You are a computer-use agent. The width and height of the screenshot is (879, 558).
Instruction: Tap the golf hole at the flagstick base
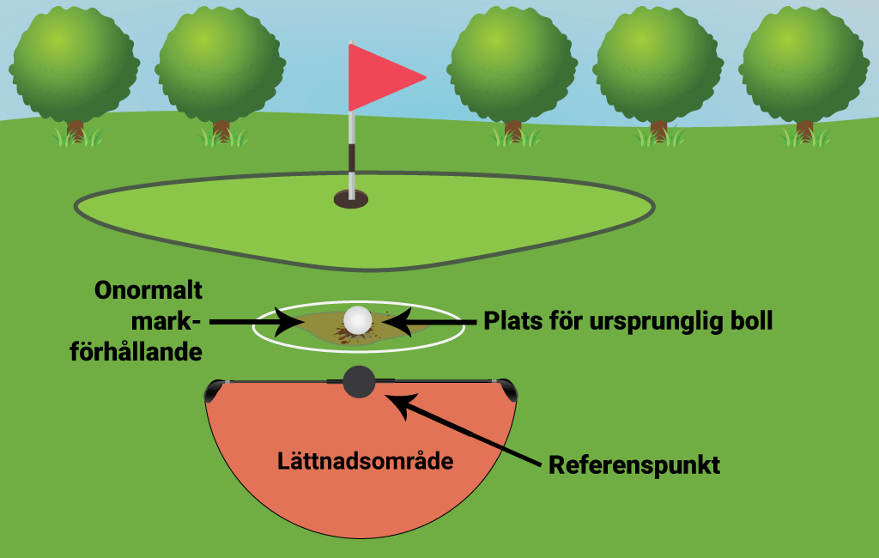pyautogui.click(x=350, y=200)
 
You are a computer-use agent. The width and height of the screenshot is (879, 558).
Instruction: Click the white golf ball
pyautogui.click(x=358, y=320)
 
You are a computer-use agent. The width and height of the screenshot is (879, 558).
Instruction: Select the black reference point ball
pyautogui.click(x=359, y=381)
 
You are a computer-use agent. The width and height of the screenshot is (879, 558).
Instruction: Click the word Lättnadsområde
pyautogui.click(x=365, y=460)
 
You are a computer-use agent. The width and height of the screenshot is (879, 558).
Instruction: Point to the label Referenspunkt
pyautogui.click(x=633, y=465)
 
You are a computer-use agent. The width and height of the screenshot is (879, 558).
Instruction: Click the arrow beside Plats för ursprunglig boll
pyautogui.click(x=428, y=322)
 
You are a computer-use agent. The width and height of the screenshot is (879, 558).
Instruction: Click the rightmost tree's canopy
pyautogui.click(x=803, y=64)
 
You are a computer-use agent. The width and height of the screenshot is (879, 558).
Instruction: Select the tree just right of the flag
pyautogui.click(x=512, y=64)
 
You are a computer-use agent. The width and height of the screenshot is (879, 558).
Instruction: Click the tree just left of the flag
pyautogui.click(x=221, y=64)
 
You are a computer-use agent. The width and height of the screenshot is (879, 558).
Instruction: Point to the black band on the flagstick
pyautogui.click(x=351, y=160)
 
